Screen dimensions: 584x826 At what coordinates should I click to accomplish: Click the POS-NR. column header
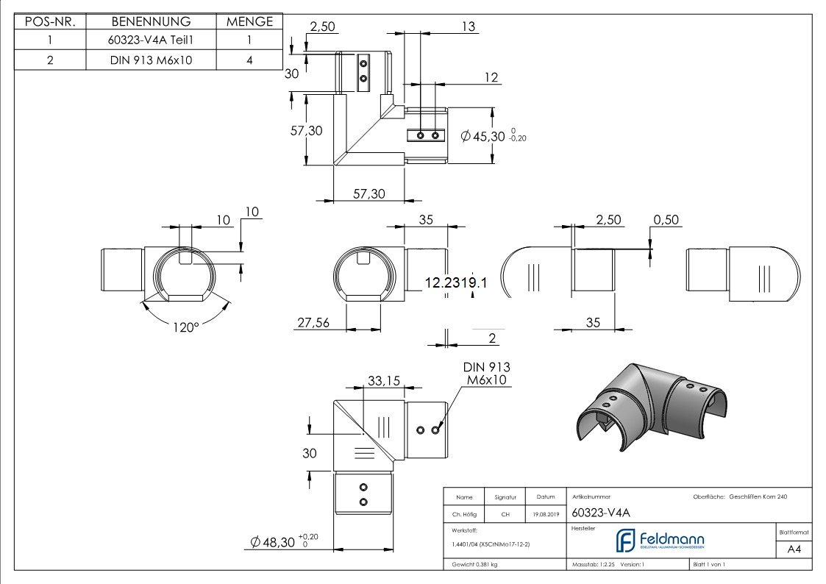click(50, 22)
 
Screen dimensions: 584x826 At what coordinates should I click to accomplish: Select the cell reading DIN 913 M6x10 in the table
click(151, 60)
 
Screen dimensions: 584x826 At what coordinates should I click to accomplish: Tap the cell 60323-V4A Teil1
click(151, 41)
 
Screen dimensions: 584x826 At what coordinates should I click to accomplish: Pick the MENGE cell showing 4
click(249, 60)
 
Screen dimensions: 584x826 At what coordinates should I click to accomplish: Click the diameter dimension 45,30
click(486, 136)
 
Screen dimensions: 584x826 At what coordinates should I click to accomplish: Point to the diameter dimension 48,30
click(277, 543)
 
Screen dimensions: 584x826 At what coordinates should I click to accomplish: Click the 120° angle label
click(186, 327)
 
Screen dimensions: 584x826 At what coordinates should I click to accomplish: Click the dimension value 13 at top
click(468, 26)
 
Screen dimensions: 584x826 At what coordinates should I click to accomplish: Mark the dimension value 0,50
click(666, 220)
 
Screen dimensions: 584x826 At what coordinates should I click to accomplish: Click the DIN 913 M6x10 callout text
click(486, 374)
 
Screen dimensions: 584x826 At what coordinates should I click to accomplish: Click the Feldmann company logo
click(660, 540)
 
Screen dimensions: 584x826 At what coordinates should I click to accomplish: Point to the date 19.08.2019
click(546, 514)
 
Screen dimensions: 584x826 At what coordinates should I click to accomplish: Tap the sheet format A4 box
click(794, 549)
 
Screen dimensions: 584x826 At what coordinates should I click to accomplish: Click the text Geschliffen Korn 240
click(758, 497)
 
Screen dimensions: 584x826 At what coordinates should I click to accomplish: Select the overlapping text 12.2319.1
click(456, 282)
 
